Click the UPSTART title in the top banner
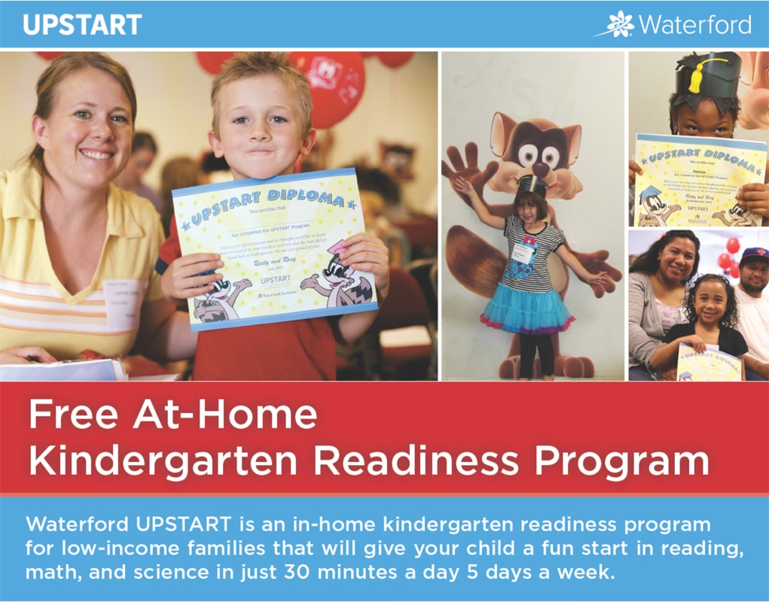[82, 25]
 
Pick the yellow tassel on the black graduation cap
[700, 74]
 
